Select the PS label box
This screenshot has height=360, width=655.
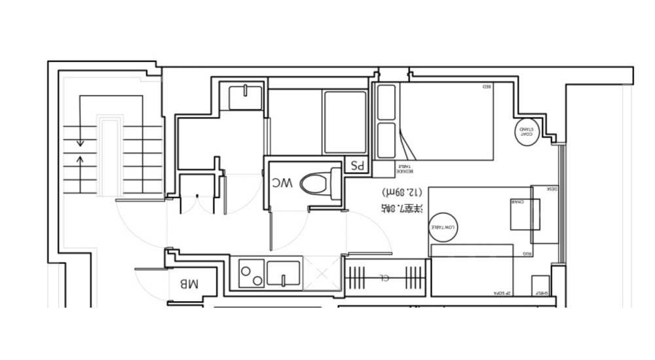click(x=358, y=166)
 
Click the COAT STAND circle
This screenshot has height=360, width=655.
click(x=527, y=130)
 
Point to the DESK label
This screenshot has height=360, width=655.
click(x=552, y=189)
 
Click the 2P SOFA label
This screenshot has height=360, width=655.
click(x=503, y=294)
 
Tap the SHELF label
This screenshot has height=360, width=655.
click(x=542, y=293)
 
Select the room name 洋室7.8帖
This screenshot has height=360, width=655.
click(x=403, y=209)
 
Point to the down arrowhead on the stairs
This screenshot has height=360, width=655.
click(x=80, y=143)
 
